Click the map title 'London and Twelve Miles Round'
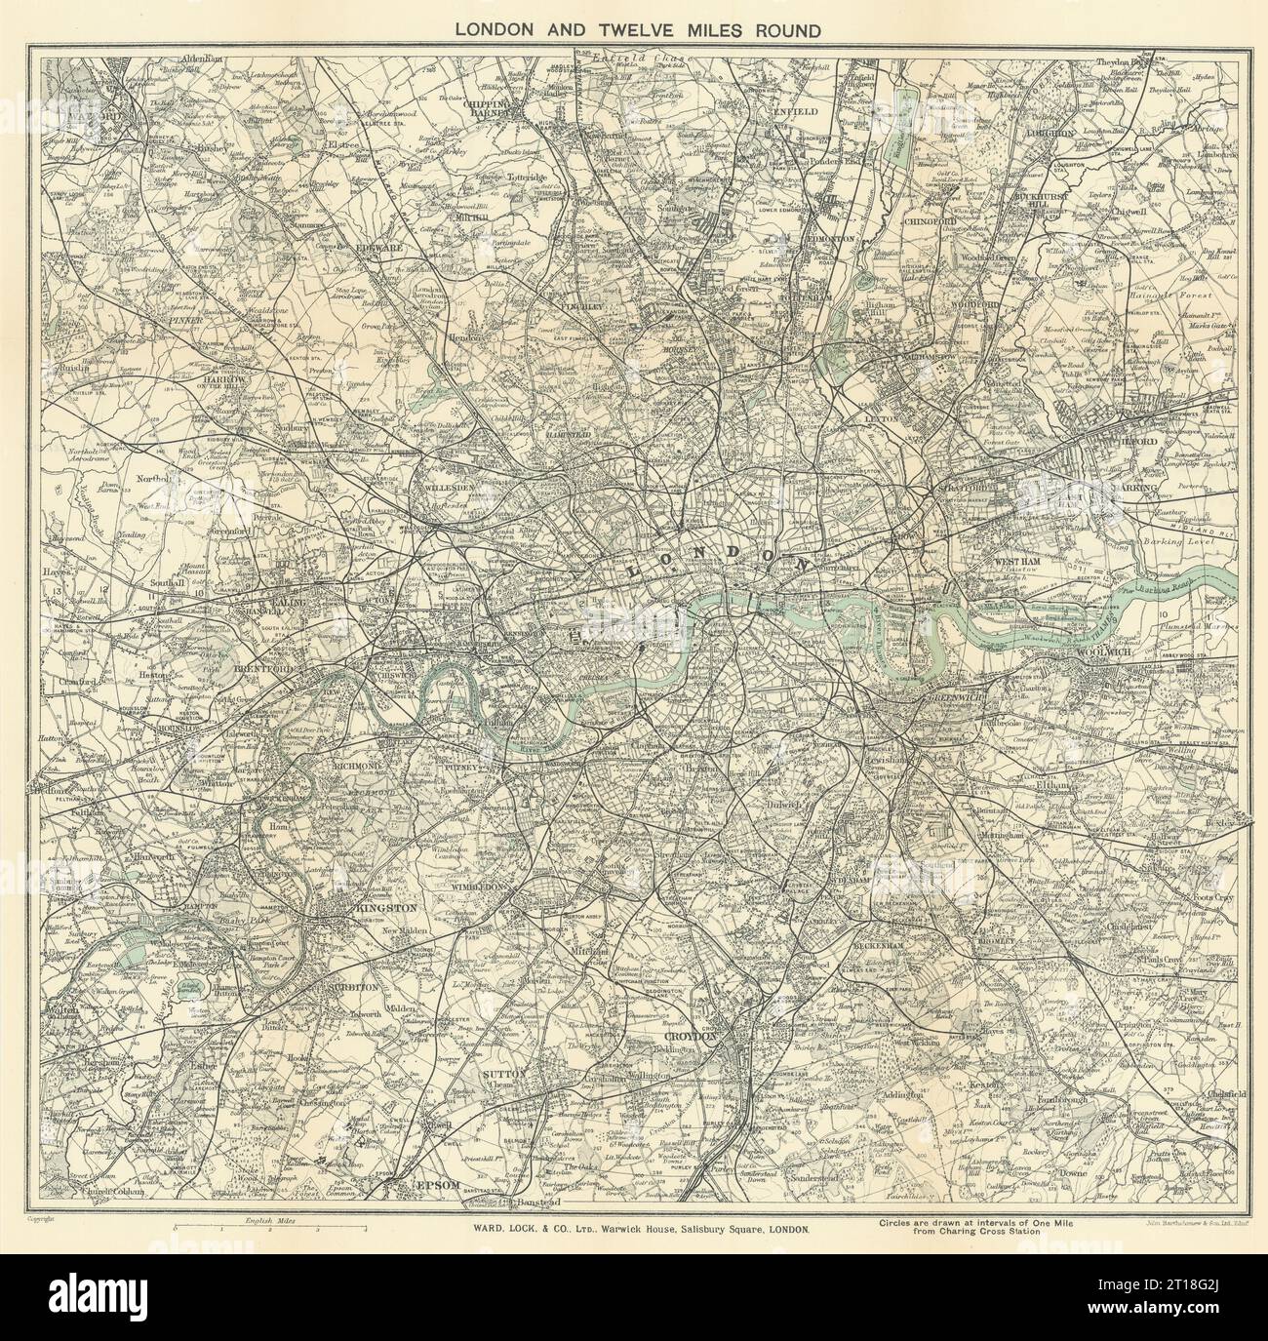(x=639, y=28)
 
